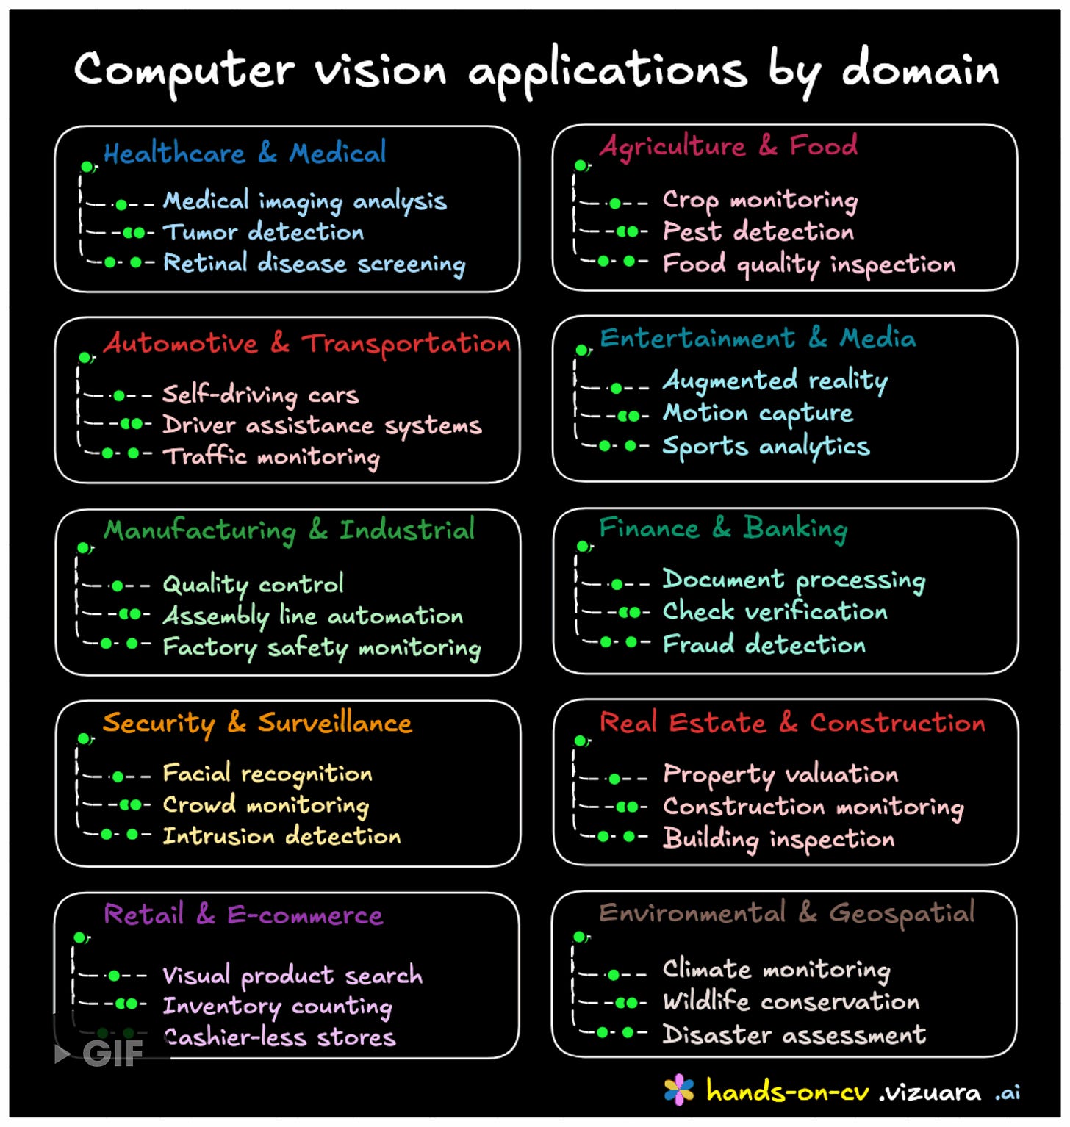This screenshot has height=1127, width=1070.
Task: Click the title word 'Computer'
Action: click(184, 71)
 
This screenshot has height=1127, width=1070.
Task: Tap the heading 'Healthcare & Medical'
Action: click(244, 153)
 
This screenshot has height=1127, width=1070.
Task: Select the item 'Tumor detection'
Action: click(263, 232)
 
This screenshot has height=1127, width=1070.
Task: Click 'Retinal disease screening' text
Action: click(314, 264)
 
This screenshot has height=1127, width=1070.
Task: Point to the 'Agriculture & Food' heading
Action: click(728, 146)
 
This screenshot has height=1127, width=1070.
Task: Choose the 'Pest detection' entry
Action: click(758, 232)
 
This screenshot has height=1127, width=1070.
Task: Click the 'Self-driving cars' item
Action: click(260, 395)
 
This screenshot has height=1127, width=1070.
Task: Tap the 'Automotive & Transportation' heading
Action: click(306, 344)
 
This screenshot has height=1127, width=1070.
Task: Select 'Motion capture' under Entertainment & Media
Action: click(758, 414)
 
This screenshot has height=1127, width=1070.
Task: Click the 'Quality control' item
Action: click(253, 584)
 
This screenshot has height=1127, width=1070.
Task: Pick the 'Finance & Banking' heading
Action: click(723, 529)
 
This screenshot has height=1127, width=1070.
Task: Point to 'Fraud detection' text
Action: click(764, 644)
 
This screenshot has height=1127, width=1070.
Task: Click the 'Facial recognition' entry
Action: click(267, 774)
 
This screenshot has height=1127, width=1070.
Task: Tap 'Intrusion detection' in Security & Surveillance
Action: click(281, 836)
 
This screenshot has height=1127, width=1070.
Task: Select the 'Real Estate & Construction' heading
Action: click(792, 723)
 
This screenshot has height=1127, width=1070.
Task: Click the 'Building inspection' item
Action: click(778, 838)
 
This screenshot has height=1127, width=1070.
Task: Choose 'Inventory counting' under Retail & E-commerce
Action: click(277, 1006)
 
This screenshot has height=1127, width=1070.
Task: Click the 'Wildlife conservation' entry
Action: click(791, 1001)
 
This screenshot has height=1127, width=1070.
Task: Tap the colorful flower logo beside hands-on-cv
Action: click(678, 1090)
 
